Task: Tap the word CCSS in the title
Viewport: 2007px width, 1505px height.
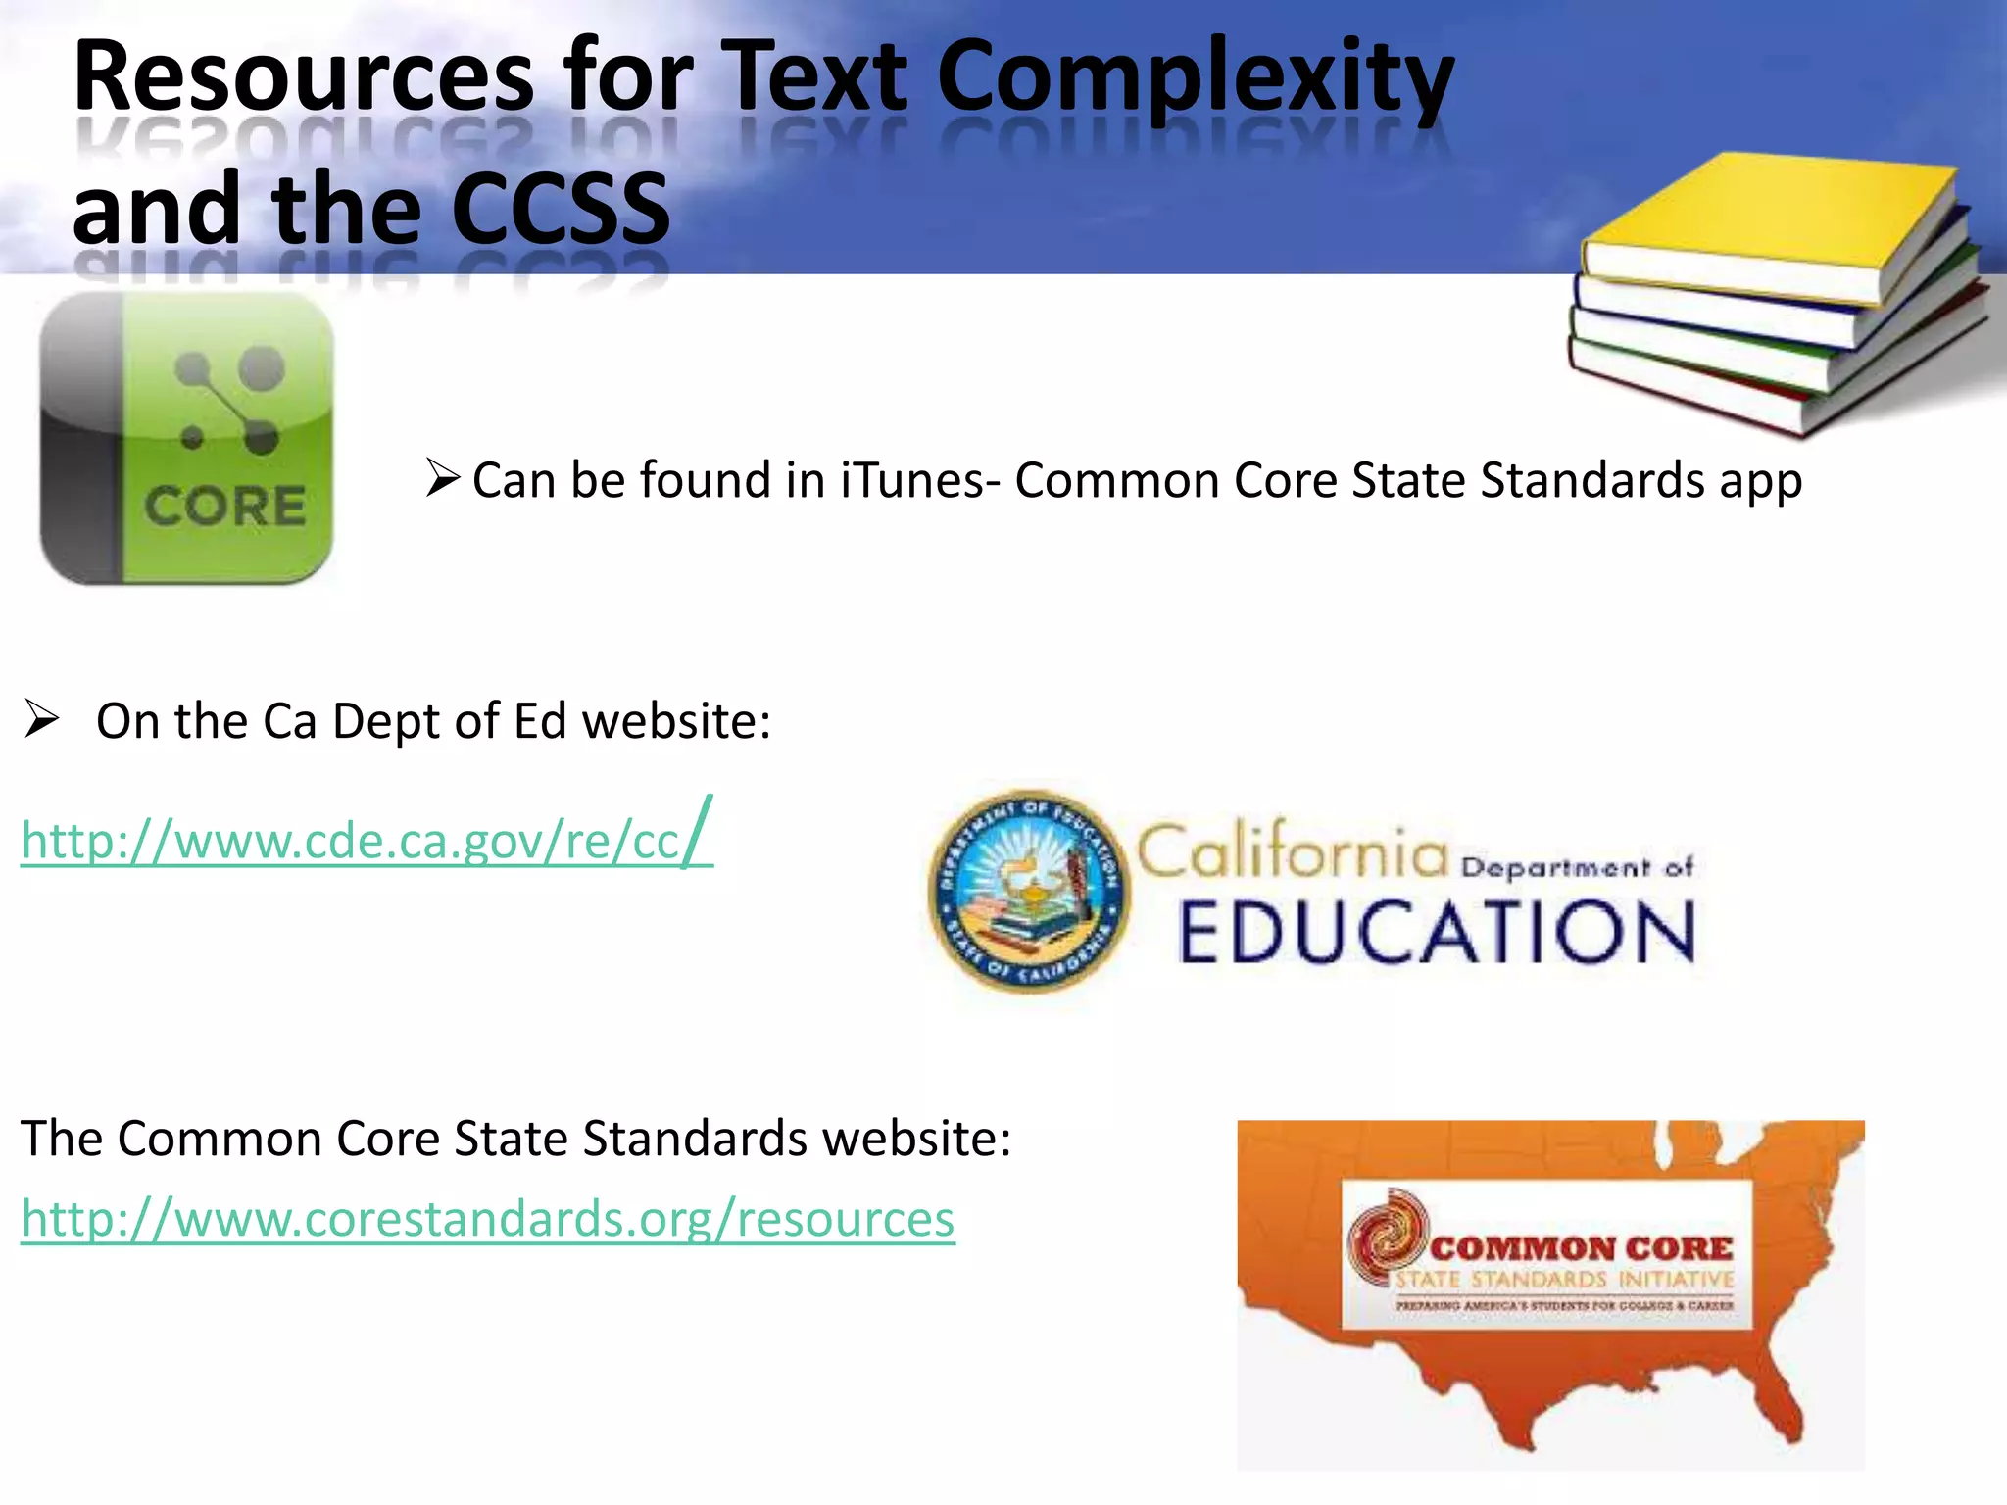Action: [562, 209]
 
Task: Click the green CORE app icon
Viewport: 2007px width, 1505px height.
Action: [187, 438]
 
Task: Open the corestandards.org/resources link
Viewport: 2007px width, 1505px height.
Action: [487, 1219]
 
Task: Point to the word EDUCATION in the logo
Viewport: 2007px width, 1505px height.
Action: [1436, 932]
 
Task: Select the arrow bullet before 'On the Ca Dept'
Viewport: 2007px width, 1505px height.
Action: [42, 719]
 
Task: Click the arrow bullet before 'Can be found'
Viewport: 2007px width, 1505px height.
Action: [443, 477]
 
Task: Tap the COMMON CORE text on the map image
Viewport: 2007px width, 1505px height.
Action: [1580, 1248]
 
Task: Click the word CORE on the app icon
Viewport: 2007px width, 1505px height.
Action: [225, 507]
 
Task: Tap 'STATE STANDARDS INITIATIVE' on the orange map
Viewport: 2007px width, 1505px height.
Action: [1565, 1280]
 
